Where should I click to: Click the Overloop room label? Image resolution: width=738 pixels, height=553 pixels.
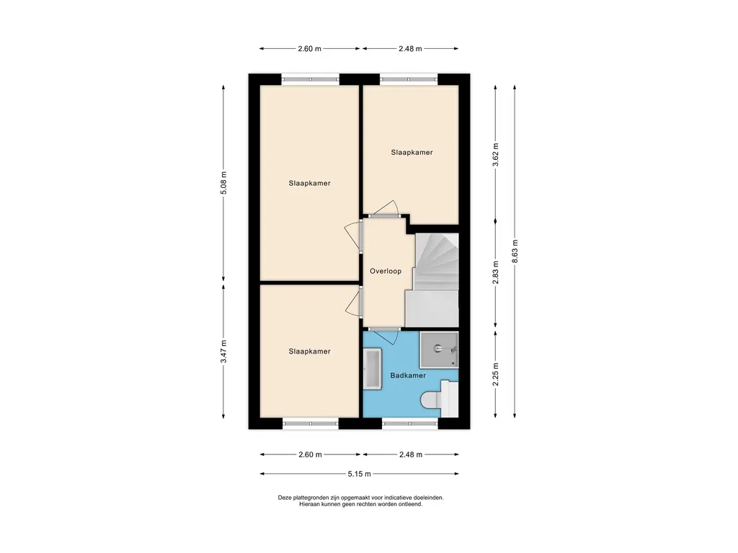[386, 271]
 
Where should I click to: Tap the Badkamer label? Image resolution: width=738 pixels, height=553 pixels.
[408, 376]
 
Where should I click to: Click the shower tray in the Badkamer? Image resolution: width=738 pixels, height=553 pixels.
[439, 350]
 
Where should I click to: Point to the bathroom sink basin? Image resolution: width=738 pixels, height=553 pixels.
[373, 369]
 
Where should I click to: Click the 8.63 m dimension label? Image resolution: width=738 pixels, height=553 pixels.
[515, 251]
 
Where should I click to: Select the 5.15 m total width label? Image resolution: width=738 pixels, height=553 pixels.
[359, 474]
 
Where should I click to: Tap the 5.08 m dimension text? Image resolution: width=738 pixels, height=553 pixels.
[223, 183]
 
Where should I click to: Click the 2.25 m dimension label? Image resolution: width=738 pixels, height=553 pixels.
[495, 374]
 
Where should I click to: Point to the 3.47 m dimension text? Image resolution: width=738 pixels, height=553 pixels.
[223, 351]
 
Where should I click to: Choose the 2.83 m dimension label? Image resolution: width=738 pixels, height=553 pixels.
[495, 273]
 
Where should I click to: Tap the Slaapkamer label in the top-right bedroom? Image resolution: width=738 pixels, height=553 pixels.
[412, 153]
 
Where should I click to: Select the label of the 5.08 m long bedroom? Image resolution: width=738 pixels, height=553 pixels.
[310, 184]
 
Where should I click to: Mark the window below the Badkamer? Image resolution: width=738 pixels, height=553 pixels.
[410, 423]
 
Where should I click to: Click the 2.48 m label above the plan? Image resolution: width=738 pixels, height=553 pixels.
[410, 48]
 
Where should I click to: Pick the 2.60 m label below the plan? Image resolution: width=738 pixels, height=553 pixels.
[310, 455]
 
